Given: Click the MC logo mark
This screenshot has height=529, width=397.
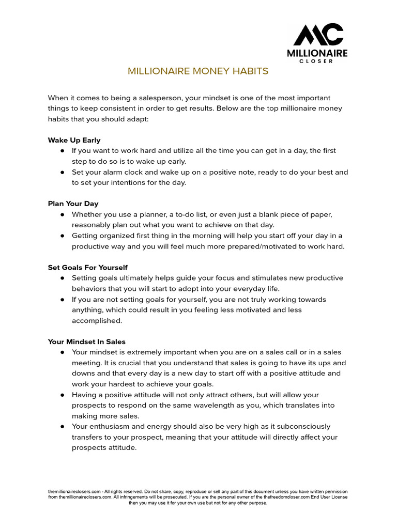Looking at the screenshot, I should [318, 35].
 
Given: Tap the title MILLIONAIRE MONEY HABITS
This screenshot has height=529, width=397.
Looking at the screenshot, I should [198, 71].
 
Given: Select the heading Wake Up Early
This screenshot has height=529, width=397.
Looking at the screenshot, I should [74, 140].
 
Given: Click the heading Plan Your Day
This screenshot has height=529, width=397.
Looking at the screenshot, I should [73, 204].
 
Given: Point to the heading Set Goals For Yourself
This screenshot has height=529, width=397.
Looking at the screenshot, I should [87, 268].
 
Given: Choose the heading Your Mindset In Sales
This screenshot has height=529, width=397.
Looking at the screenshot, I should [86, 341].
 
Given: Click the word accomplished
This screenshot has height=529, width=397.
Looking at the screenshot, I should [97, 320].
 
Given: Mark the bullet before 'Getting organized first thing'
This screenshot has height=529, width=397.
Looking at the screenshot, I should [62, 236].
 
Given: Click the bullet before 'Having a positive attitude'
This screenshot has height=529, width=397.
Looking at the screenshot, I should [62, 395].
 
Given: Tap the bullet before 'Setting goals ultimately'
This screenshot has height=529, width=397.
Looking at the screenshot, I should [62, 278].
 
